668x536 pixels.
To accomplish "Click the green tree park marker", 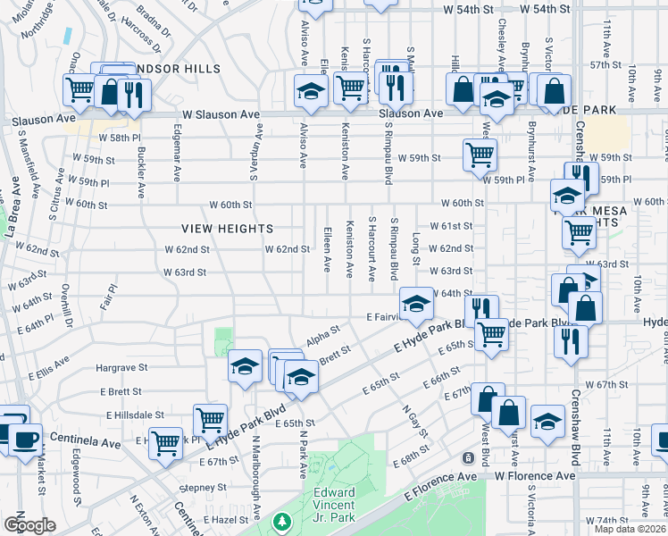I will tap(282, 521).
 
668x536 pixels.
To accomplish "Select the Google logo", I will tap(29, 525).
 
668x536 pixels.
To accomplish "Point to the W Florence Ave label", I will tap(535, 476).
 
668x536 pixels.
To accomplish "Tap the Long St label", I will tap(416, 242).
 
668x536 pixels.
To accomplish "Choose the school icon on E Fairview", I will tap(415, 304).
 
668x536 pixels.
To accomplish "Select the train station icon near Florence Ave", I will tap(467, 458).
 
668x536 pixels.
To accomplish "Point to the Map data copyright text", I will tap(630, 529).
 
